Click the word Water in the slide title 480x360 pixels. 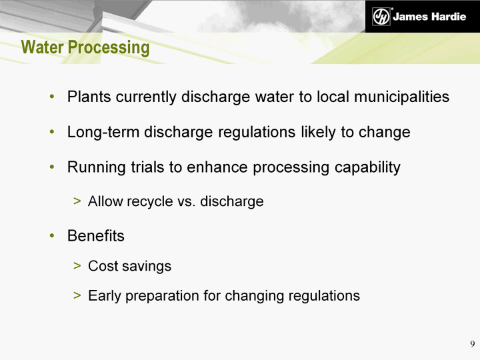(42, 47)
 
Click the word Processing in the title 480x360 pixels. (109, 49)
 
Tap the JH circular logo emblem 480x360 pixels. (381, 16)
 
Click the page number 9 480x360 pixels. (473, 344)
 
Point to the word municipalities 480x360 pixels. (401, 97)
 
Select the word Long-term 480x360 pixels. (103, 132)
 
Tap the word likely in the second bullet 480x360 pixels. (318, 132)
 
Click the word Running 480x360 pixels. (96, 167)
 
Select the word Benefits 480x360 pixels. (96, 236)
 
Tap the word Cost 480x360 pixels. (103, 266)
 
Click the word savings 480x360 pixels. (147, 266)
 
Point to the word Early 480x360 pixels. (105, 296)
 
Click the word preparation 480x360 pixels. (162, 296)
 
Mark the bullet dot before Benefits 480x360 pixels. (52, 236)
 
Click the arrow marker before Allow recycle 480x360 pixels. (77, 201)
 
